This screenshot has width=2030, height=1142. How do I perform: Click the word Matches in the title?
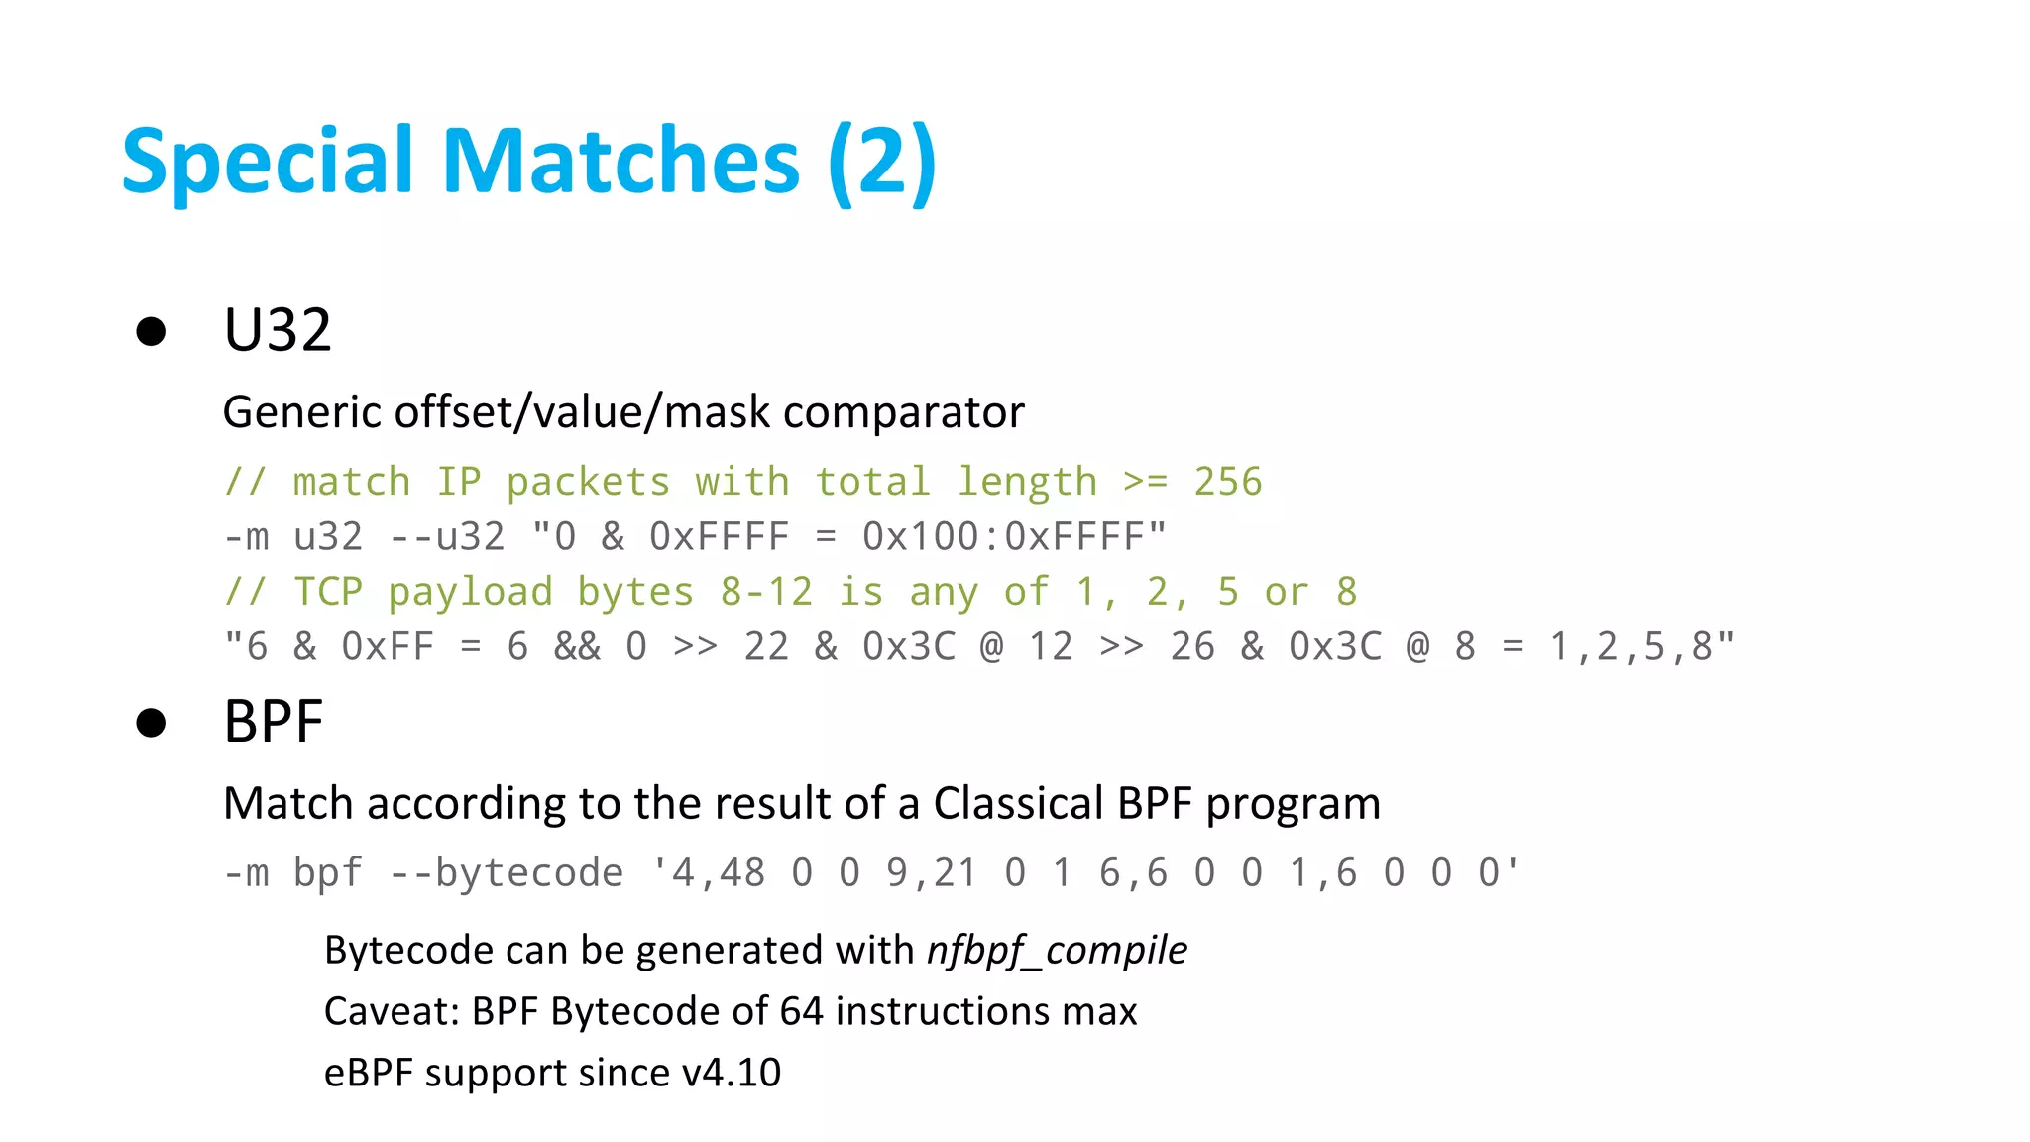tap(620, 161)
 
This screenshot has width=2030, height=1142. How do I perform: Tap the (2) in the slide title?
tap(882, 161)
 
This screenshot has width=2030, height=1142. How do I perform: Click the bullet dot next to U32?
tap(151, 331)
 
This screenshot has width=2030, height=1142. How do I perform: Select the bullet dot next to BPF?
tap(151, 723)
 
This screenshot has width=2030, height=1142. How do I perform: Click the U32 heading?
tap(278, 330)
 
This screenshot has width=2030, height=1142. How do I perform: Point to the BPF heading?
tap(274, 722)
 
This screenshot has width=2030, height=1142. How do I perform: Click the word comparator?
tap(903, 412)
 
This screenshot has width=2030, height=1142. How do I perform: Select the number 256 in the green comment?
tap(1228, 482)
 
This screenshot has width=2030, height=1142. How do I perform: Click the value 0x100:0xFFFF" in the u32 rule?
tap(1014, 537)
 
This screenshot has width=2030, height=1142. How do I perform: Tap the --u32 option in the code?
tap(447, 537)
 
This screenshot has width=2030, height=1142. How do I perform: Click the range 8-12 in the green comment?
tap(766, 592)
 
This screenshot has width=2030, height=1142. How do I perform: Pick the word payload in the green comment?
tap(470, 592)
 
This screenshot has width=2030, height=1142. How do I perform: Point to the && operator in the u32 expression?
tap(577, 647)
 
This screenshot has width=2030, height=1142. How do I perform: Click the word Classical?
tap(1018, 803)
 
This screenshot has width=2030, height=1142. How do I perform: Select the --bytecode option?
tap(507, 873)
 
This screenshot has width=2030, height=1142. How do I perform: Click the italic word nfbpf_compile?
tap(1057, 951)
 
